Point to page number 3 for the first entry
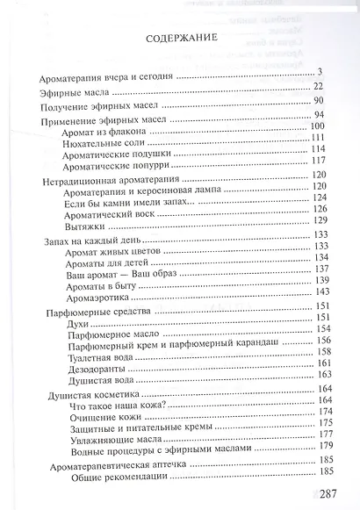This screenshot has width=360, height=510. click(322, 73)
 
